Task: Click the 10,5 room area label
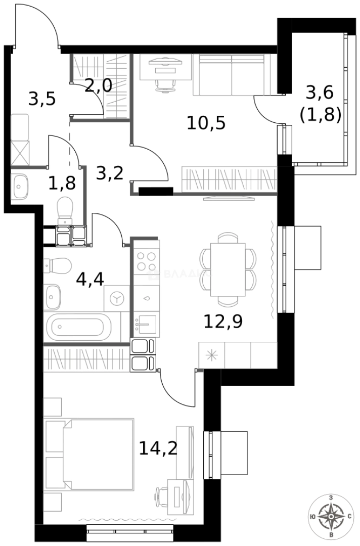tap(206, 122)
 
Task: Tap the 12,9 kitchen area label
tap(222, 320)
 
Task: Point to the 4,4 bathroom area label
tap(90, 278)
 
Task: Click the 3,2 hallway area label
tap(110, 173)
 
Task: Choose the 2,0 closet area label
tap(98, 85)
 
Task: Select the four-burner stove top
tap(146, 262)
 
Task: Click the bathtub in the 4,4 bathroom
tap(81, 327)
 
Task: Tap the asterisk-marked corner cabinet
tap(212, 355)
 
